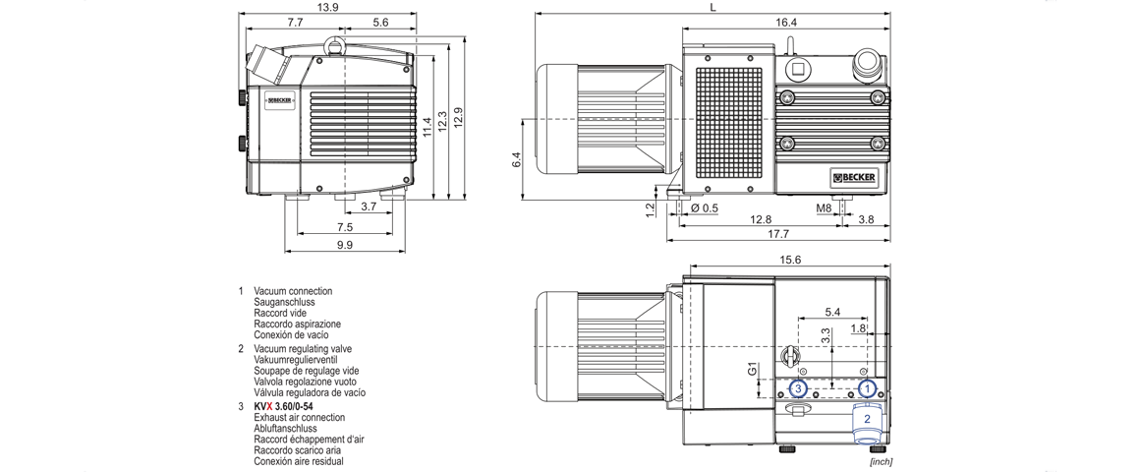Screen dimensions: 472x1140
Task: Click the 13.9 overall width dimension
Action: click(328, 7)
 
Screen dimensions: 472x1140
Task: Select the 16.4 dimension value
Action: click(785, 22)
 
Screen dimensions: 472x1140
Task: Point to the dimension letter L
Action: click(712, 7)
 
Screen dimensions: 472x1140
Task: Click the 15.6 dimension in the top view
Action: click(789, 260)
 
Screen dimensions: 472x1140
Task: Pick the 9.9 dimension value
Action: click(344, 245)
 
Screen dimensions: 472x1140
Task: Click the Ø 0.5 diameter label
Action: click(705, 207)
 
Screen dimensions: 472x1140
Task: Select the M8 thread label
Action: click(824, 207)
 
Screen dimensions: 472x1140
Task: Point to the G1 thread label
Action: click(752, 372)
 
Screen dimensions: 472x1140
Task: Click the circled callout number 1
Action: click(867, 388)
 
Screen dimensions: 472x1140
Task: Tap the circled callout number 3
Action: click(799, 388)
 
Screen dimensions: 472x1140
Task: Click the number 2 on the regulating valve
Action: click(867, 418)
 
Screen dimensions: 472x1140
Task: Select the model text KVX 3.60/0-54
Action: click(283, 406)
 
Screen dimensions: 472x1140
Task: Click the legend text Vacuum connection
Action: click(293, 291)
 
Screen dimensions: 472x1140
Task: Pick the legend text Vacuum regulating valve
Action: click(302, 349)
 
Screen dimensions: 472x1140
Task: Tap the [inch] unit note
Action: click(881, 461)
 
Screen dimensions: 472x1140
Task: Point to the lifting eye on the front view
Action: click(336, 43)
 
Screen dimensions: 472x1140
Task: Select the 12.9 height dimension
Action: click(458, 115)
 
